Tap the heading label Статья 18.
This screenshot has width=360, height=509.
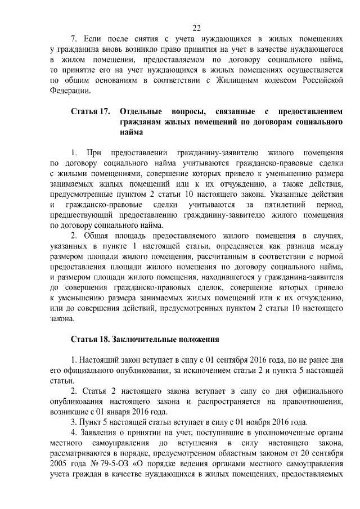(89, 340)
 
